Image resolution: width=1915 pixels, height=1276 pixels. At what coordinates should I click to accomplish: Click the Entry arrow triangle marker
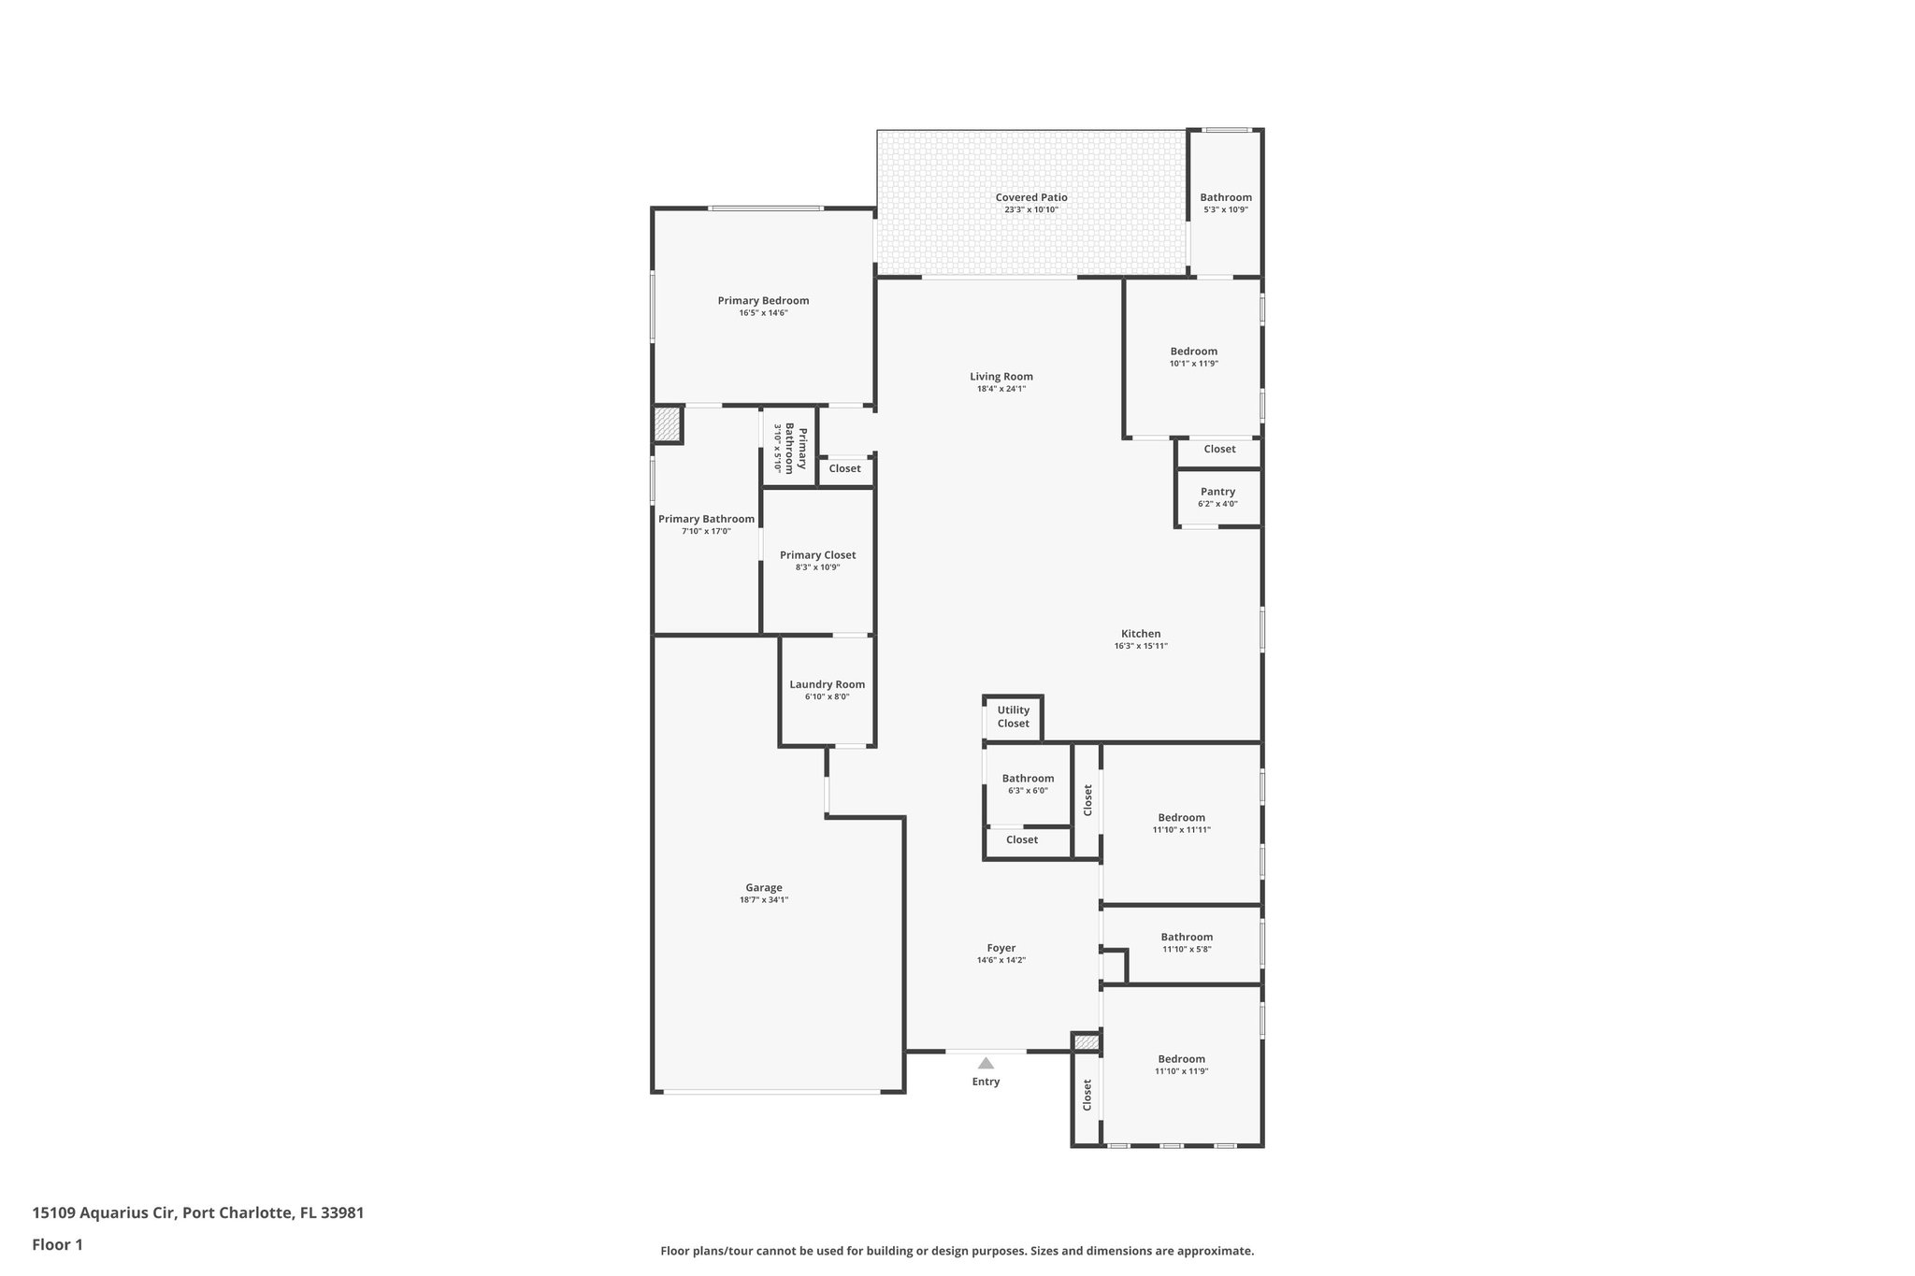coord(986,1063)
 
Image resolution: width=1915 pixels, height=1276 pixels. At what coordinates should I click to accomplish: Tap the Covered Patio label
coord(1031,197)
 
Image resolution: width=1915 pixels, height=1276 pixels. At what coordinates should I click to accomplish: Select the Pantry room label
coord(1217,492)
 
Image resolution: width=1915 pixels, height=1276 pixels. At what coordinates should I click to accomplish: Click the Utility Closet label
coord(1013,717)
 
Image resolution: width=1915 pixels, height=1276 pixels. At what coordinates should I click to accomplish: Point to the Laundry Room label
coord(827,684)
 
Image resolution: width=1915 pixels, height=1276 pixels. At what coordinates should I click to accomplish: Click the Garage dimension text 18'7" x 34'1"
coord(764,900)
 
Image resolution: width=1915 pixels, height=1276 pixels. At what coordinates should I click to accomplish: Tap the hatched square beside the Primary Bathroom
coord(667,423)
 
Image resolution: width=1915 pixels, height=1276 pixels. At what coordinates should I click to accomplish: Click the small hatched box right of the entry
coord(1086,1042)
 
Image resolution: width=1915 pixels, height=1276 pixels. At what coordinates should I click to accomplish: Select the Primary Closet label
coord(817,555)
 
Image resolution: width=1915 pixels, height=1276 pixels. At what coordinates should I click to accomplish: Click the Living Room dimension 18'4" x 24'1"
coord(1001,389)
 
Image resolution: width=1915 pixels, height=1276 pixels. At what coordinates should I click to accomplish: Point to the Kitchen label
coord(1141,634)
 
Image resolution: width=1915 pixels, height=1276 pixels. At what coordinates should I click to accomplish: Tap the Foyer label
coord(1001,948)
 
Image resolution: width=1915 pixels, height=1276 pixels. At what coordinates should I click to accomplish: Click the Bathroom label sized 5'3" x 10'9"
coord(1226,197)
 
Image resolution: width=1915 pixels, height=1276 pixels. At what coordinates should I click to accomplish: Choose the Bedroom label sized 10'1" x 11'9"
coord(1194,351)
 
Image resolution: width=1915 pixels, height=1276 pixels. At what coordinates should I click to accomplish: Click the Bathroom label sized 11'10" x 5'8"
coord(1187,937)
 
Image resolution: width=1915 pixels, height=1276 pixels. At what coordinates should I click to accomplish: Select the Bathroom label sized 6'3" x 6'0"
coord(1028,779)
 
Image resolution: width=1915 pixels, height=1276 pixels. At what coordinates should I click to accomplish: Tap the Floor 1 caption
coord(57,1245)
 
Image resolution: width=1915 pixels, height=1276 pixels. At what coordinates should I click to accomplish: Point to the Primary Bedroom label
coord(763,301)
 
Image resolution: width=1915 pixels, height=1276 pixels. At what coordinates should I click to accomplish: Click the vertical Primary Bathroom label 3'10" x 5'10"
coord(789,449)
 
